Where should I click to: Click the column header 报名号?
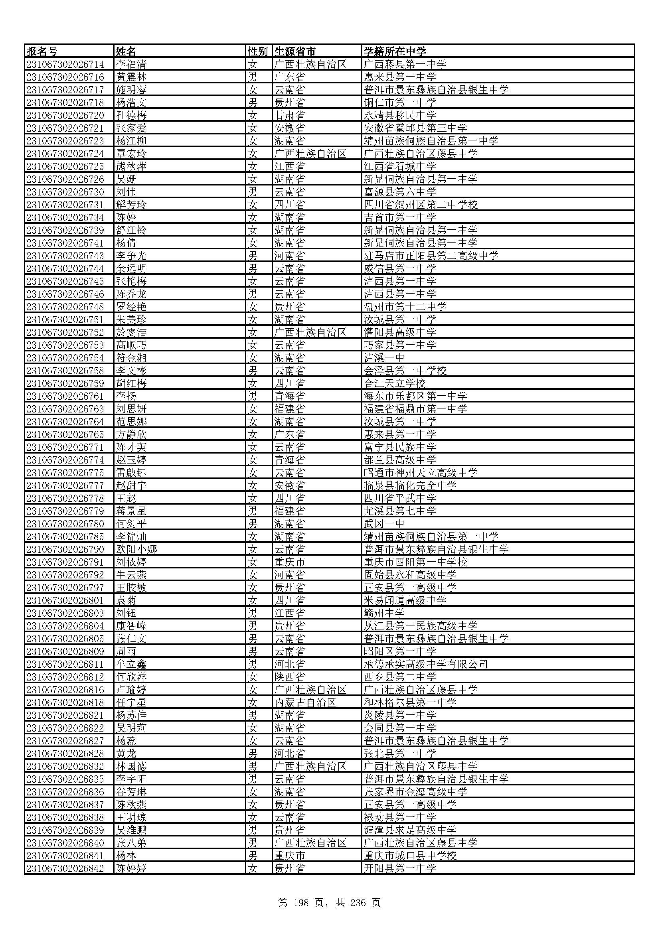(x=42, y=51)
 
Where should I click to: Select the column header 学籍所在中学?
(x=395, y=51)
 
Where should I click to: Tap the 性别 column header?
(x=258, y=51)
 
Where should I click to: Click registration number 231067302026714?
(x=65, y=64)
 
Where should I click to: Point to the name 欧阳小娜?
(x=136, y=549)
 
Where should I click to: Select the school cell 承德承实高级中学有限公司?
(x=425, y=664)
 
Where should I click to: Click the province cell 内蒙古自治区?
(x=305, y=702)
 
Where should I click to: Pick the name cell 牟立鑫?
(x=131, y=664)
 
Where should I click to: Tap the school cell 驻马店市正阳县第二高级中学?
(x=431, y=256)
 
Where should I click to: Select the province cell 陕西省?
(x=289, y=677)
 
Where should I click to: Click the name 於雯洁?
(x=131, y=332)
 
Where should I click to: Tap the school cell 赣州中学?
(x=384, y=613)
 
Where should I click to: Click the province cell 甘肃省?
(x=289, y=115)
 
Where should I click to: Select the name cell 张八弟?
(x=131, y=843)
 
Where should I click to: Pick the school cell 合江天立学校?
(x=395, y=383)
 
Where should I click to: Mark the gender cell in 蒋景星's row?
(x=253, y=511)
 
